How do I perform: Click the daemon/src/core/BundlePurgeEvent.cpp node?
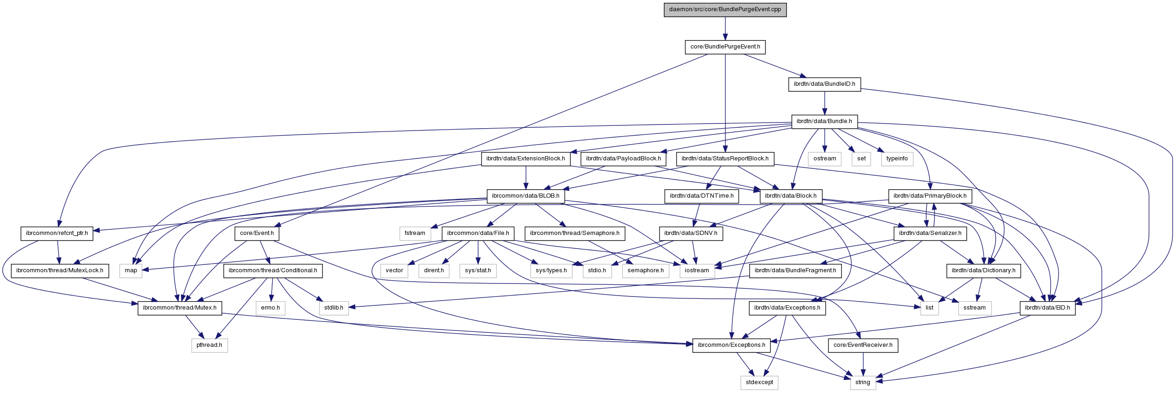[x=725, y=9]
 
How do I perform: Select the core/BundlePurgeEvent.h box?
[x=725, y=47]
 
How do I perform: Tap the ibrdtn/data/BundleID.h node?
[x=824, y=84]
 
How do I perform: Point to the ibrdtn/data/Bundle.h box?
[x=824, y=121]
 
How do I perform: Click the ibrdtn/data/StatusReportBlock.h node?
[x=725, y=159]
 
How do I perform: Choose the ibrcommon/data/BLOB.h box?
[x=526, y=196]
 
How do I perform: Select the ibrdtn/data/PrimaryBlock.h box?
[x=930, y=196]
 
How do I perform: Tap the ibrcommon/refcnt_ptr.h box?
[x=57, y=233]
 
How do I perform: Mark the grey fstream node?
[x=415, y=233]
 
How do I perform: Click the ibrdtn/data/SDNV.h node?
[x=690, y=233]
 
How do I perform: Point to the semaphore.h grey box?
[x=645, y=270]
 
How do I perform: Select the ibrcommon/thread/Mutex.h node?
[x=179, y=308]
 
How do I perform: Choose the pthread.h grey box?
[x=209, y=345]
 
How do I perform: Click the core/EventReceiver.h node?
[x=863, y=345]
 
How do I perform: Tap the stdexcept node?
[x=759, y=382]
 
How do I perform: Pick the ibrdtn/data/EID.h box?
[x=1047, y=308]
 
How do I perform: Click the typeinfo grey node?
[x=897, y=159]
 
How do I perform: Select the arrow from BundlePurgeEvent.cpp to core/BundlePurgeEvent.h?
[x=725, y=28]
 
